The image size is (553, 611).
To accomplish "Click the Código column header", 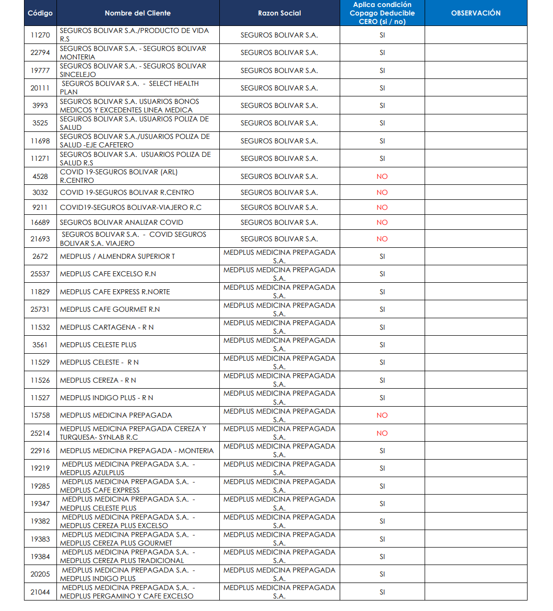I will [40, 13].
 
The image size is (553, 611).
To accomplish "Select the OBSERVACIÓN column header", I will [476, 13].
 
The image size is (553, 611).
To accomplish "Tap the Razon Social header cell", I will [279, 13].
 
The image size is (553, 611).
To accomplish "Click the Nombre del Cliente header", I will [137, 13].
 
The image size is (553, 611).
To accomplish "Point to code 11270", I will [40, 35].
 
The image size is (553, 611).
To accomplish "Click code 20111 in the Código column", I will [40, 88].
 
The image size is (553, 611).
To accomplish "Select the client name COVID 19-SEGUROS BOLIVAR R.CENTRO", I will [127, 192].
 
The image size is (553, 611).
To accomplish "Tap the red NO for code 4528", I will [382, 176].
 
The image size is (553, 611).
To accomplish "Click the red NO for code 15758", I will [382, 415].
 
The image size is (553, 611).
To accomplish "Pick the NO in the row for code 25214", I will [382, 433].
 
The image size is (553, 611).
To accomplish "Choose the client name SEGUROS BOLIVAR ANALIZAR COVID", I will [121, 222].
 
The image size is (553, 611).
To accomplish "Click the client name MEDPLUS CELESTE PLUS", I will [98, 345].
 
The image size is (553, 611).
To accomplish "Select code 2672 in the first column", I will [40, 256].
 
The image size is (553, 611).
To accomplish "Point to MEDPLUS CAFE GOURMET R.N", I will [110, 309].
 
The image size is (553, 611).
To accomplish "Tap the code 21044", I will [40, 592].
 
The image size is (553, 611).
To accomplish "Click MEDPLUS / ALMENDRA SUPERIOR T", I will [117, 256].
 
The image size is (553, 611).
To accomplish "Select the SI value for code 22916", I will [382, 451].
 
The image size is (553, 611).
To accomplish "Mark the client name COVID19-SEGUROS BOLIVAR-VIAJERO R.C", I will [130, 207].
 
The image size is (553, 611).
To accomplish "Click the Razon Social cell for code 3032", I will [279, 192].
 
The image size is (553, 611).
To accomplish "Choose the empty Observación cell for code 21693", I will [476, 239].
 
